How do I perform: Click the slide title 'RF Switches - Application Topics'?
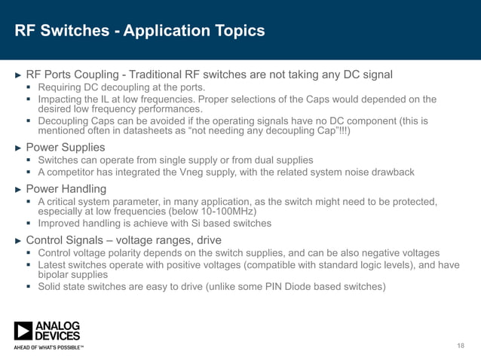click(x=140, y=31)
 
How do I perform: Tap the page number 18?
click(x=461, y=345)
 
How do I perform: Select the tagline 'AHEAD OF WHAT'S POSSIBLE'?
click(x=47, y=348)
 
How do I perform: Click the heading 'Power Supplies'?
click(x=66, y=147)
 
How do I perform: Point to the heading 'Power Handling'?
click(x=66, y=189)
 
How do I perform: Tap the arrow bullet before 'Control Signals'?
click(x=20, y=240)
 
